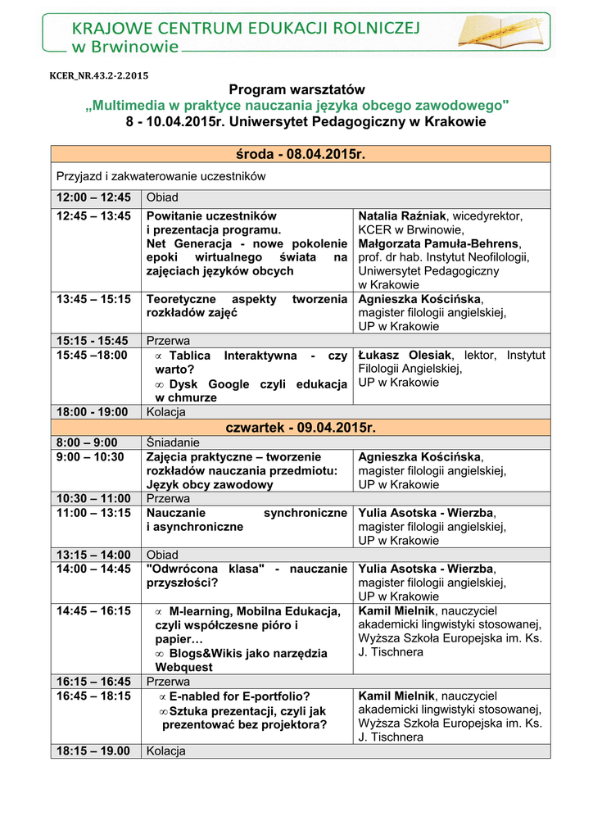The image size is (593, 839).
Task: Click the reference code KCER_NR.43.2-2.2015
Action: pyautogui.click(x=99, y=76)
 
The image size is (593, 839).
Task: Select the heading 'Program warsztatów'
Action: pyautogui.click(x=296, y=89)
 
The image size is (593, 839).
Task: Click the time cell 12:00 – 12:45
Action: pyautogui.click(x=93, y=197)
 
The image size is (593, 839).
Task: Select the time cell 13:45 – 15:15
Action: pyautogui.click(x=93, y=299)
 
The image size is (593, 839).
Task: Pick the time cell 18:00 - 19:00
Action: pyautogui.click(x=93, y=411)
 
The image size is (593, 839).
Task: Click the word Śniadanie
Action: pyautogui.click(x=167, y=442)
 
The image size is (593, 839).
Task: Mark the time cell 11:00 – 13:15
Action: pyautogui.click(x=93, y=513)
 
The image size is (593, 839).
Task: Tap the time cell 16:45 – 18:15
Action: pyautogui.click(x=93, y=696)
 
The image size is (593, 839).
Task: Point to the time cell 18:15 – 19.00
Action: pyautogui.click(x=93, y=751)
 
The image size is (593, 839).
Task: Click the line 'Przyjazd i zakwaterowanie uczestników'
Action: pyautogui.click(x=161, y=175)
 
